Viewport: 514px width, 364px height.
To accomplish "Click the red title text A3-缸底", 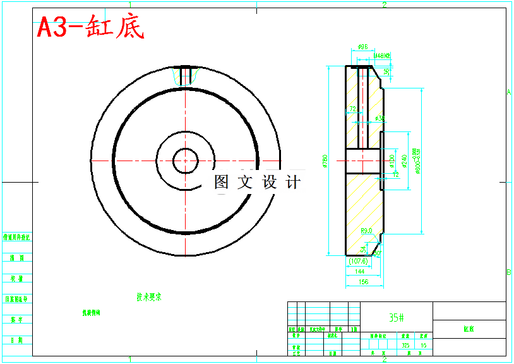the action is point(90,27).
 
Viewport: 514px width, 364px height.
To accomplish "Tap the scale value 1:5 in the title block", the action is point(424,346).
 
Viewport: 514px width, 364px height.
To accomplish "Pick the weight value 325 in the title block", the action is point(405,346).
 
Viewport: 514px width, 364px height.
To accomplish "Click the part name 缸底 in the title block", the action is point(469,329).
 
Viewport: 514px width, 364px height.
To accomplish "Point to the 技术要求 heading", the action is point(149,296).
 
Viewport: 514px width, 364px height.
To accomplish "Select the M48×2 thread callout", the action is point(382,56).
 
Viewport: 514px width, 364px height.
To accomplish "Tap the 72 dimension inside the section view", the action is point(352,110).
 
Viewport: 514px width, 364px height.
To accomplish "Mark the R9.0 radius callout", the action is point(367,231).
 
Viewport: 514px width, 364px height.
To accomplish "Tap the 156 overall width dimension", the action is point(364,282).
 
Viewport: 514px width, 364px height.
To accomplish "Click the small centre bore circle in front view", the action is point(186,161).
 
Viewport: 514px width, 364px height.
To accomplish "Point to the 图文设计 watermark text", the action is point(257,183).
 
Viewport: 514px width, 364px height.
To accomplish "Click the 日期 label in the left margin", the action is point(17,340).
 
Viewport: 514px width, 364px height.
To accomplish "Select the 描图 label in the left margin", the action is point(17,258).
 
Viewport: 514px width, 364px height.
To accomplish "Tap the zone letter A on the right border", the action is point(509,92).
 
